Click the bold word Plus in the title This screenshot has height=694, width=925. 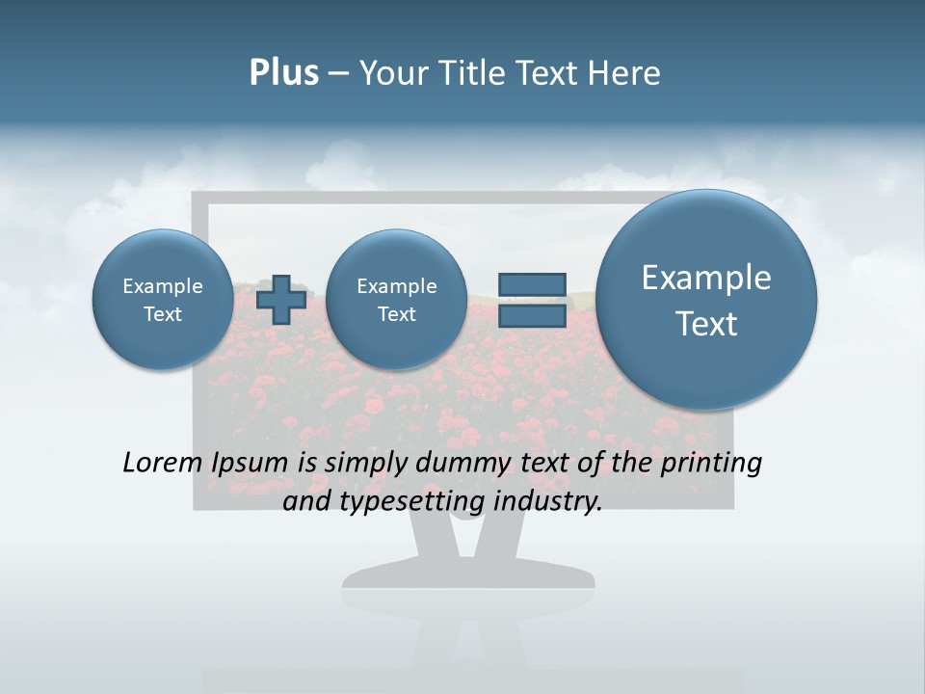point(283,73)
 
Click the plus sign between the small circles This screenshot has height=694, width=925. point(281,299)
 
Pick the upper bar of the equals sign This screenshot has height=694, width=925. point(531,284)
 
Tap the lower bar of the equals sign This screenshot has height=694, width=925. point(531,316)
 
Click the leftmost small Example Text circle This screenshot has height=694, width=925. point(162,300)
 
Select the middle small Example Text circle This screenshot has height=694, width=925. point(396,300)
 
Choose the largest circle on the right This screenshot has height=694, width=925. point(706,300)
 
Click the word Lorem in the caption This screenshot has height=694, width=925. point(162,463)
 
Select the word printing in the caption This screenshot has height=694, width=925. point(711,464)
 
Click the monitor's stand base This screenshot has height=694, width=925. point(468,575)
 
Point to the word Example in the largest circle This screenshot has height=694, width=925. point(706,278)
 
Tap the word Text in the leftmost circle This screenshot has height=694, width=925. point(162,314)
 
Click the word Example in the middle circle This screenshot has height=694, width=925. point(396,286)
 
